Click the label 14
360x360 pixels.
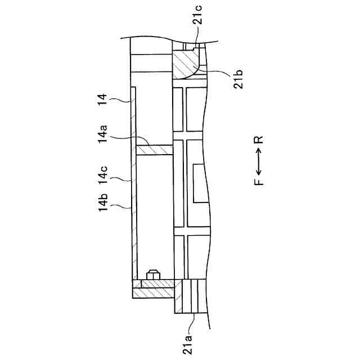click(x=102, y=101)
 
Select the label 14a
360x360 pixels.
click(x=102, y=135)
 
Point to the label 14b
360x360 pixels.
click(x=102, y=206)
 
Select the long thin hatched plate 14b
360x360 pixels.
click(x=133, y=186)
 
